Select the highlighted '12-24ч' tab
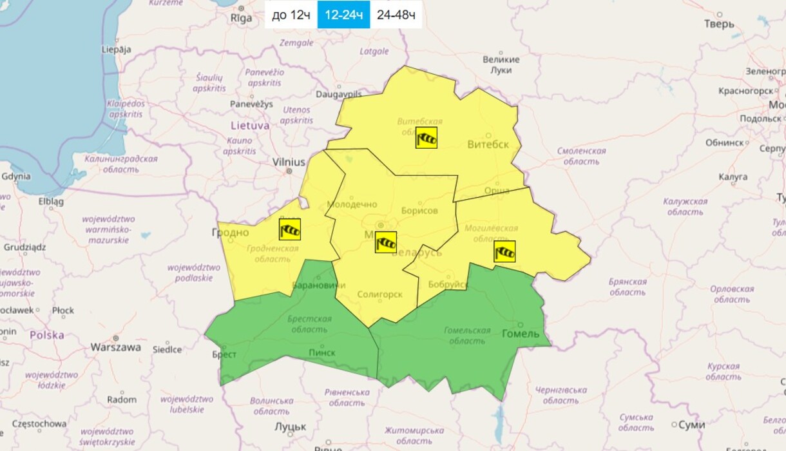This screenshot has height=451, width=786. point(343,15)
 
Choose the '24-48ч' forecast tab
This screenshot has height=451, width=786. point(396,15)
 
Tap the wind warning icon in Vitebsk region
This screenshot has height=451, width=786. point(427,137)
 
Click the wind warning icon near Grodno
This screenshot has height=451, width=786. point(290,229)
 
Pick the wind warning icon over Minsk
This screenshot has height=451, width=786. point(385,242)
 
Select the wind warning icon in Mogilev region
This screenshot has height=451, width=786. point(504,251)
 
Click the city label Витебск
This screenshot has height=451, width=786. point(488,144)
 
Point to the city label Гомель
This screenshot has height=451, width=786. point(520,333)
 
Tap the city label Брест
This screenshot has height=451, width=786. point(224,354)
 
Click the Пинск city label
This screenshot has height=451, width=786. point(322,352)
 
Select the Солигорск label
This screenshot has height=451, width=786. point(380,294)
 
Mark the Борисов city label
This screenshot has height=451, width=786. point(419,211)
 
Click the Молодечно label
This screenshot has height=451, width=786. point(352,204)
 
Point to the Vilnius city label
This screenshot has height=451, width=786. point(288,162)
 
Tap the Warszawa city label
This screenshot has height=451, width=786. point(115,347)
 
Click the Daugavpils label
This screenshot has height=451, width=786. point(339,94)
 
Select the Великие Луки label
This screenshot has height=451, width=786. point(501,64)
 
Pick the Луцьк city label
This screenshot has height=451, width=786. point(290,427)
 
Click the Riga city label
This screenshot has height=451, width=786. point(242,18)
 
